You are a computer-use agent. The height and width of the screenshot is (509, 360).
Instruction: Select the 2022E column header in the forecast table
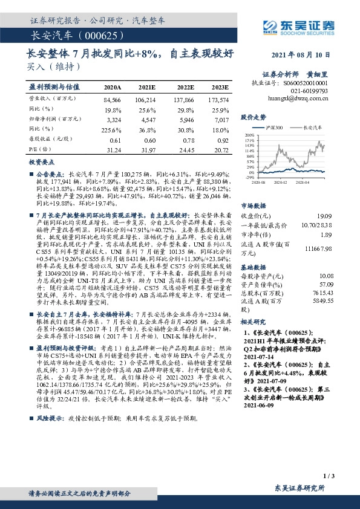184,87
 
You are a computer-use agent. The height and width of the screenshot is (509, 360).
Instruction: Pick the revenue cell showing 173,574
218,99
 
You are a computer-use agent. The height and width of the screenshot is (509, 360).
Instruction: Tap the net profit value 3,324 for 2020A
113,121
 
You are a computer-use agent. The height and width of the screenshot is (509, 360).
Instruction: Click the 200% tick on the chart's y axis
250,135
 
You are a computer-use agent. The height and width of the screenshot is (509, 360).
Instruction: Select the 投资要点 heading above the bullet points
42,163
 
